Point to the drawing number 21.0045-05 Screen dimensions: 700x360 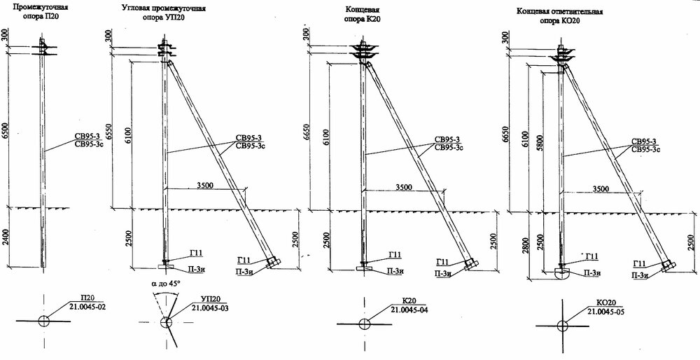[605, 311]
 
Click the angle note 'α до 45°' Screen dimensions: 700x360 [167, 283]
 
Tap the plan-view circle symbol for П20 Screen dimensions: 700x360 [43, 321]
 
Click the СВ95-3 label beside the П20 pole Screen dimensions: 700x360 [86, 137]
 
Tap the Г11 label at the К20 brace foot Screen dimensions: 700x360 [442, 262]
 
